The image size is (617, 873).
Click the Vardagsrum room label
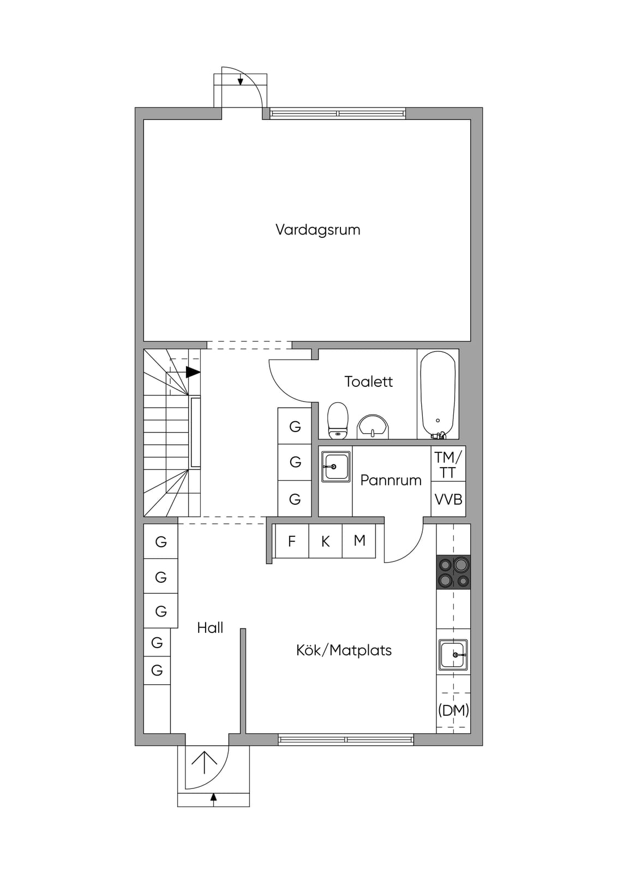tap(318, 230)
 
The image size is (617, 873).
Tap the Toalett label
tap(369, 381)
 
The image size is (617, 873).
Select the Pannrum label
tap(391, 480)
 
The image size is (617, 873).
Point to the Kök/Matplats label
tap(344, 650)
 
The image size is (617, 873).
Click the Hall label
tap(210, 628)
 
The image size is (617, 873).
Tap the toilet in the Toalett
tap(338, 421)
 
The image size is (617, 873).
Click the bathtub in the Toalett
tap(438, 394)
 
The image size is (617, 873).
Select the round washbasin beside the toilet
tap(373, 427)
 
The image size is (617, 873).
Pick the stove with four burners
tap(453, 572)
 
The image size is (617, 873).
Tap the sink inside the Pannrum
tap(336, 467)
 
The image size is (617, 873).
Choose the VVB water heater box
tap(448, 499)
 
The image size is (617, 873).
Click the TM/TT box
tap(448, 464)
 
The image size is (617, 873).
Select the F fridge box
tap(292, 541)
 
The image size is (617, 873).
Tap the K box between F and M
tap(326, 541)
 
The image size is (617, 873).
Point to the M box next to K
tap(359, 541)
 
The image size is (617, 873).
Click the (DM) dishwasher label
tap(453, 710)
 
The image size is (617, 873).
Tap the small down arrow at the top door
tap(241, 80)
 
